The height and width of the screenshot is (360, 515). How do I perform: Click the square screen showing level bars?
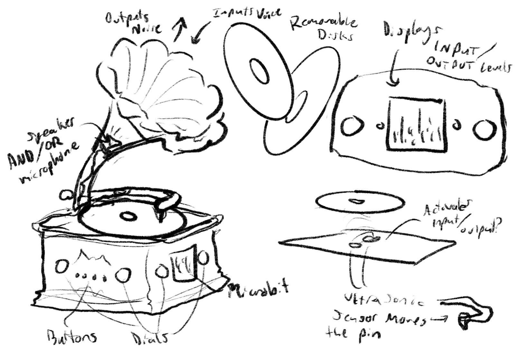click(417, 124)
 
